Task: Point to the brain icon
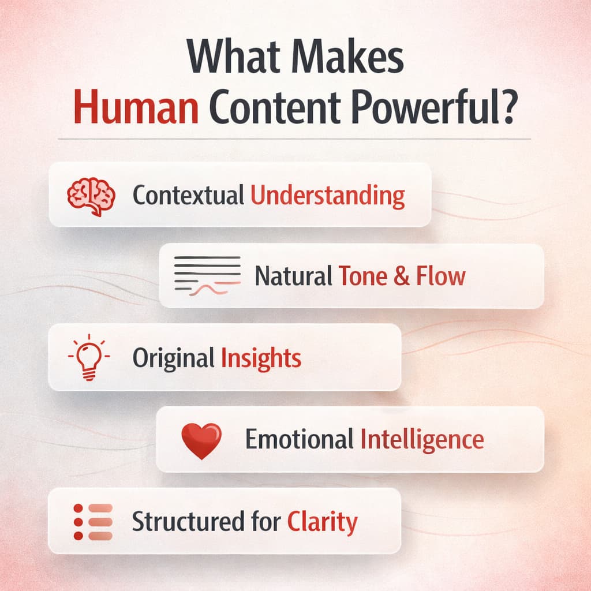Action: (91, 196)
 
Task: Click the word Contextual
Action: (188, 196)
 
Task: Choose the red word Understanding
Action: (327, 196)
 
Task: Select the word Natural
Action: (294, 276)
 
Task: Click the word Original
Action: (173, 358)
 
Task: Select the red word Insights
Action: (261, 358)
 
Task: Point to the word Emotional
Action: (299, 440)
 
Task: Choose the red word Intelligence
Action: (422, 440)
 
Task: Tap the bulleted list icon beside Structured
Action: (92, 521)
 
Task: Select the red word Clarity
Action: (322, 522)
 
